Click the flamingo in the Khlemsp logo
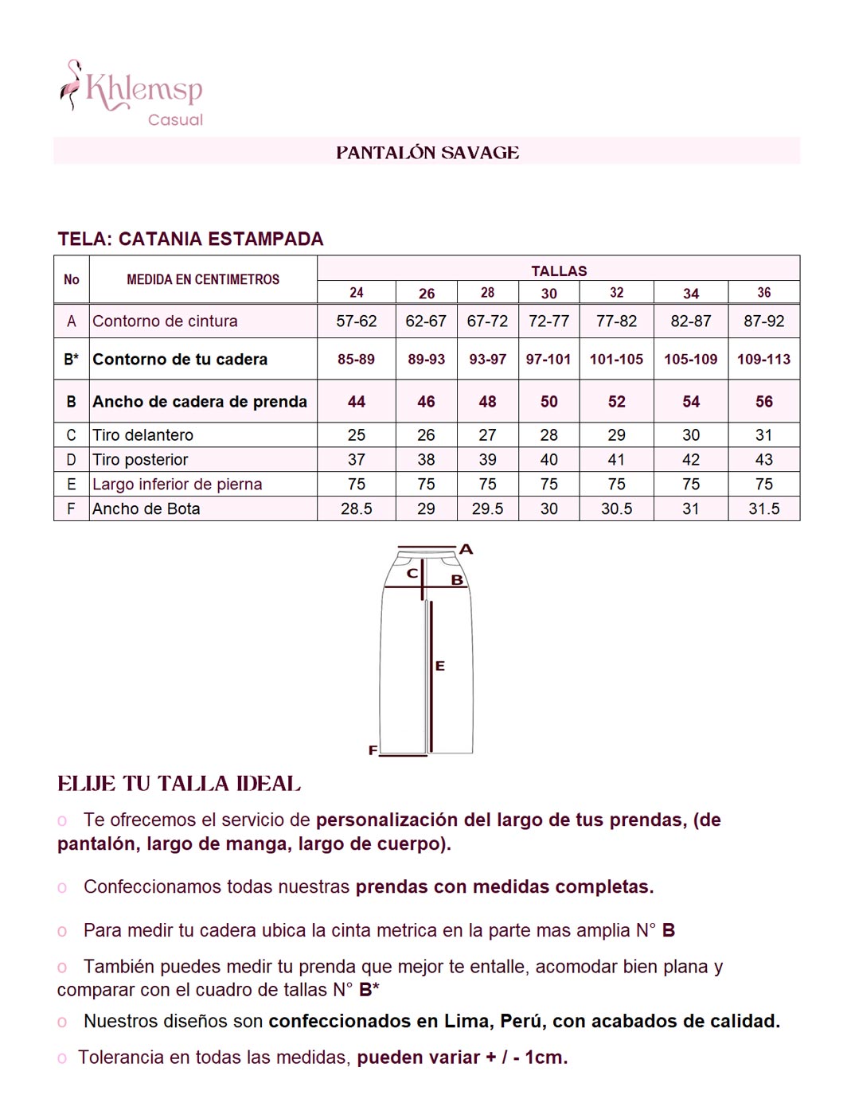[72, 84]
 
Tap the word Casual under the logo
[175, 120]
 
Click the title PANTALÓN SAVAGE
[427, 153]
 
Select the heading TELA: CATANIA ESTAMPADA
[190, 239]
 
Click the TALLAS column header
[559, 271]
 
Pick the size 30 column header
[549, 294]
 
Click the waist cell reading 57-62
[356, 321]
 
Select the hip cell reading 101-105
[616, 360]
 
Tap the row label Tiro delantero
[143, 435]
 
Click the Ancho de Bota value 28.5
[356, 509]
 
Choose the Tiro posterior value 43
[763, 460]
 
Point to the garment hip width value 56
[763, 402]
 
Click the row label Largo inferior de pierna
[177, 485]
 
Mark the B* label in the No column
[72, 360]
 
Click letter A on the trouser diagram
[466, 549]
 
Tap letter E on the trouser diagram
[440, 666]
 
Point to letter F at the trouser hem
[373, 750]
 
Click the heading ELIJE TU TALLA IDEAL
[179, 784]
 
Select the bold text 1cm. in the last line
[546, 1058]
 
